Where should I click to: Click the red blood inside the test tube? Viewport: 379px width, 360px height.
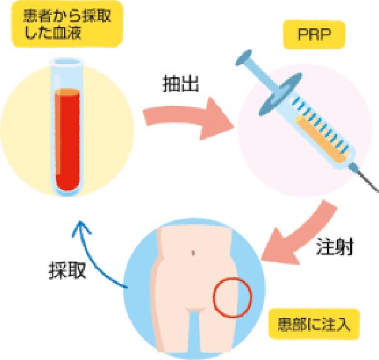point(68,144)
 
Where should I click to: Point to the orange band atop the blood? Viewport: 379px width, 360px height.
point(68,93)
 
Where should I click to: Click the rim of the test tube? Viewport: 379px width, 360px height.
point(68,61)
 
